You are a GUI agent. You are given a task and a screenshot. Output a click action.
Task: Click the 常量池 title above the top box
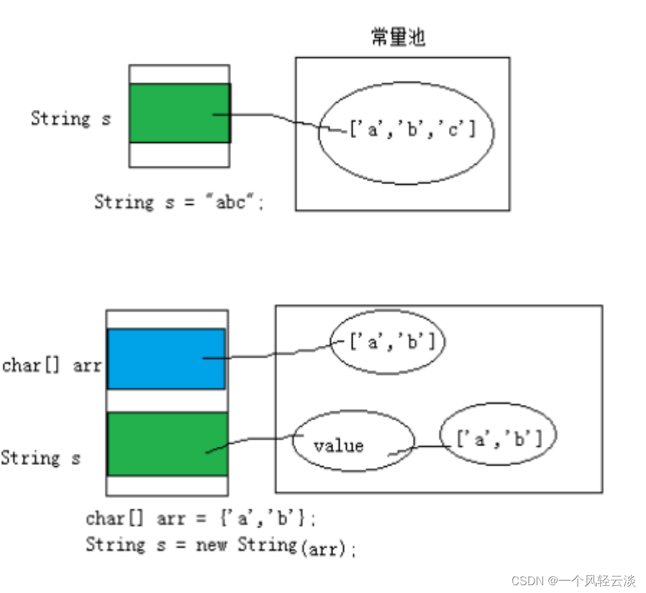[397, 37]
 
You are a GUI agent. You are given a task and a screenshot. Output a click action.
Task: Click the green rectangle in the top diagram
[180, 112]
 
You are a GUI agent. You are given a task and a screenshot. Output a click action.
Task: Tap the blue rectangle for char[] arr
[167, 358]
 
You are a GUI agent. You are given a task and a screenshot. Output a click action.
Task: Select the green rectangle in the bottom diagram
[167, 443]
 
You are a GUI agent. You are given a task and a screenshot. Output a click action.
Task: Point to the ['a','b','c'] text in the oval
[412, 129]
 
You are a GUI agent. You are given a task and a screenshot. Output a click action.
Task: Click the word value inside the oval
[338, 446]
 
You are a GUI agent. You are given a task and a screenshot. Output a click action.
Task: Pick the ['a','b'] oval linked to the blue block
[388, 342]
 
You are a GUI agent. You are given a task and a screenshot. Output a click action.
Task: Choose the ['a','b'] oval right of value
[499, 440]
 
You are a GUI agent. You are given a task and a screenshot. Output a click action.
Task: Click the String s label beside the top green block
[71, 119]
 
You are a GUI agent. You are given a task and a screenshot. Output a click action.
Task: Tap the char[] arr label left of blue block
[51, 365]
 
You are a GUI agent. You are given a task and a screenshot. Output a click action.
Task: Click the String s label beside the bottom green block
[40, 458]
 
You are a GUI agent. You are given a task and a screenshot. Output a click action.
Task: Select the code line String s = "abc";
[180, 202]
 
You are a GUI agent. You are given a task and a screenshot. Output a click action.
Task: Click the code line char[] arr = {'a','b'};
[201, 519]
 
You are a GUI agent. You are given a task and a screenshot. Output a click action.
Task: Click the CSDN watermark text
[572, 581]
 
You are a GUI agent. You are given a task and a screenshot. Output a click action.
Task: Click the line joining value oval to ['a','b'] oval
[429, 447]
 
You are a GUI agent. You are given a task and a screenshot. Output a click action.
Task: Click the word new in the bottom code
[213, 544]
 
